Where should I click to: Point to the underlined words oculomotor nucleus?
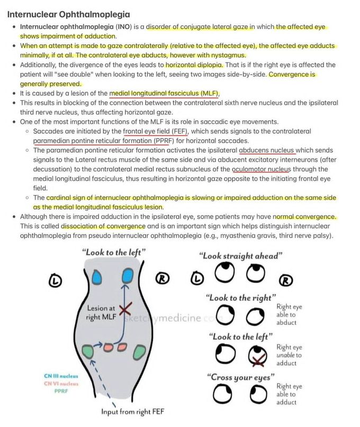[262, 169]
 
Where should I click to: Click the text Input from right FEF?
[132, 412]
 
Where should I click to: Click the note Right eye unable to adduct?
[289, 355]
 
